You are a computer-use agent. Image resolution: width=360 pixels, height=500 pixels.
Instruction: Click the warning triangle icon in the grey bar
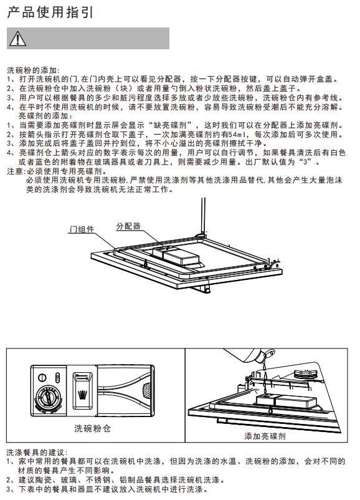(x=18, y=39)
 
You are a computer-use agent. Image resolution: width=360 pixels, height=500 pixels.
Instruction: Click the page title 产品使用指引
(x=50, y=12)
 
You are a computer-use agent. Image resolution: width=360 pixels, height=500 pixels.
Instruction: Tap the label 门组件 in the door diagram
(x=82, y=229)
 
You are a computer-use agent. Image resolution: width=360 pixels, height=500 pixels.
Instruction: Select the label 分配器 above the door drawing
(x=128, y=226)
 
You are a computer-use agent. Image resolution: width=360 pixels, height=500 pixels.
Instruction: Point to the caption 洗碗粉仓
(x=92, y=428)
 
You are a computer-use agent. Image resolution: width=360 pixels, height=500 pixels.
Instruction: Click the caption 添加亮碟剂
(x=265, y=436)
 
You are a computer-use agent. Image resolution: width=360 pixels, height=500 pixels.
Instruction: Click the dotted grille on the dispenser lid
(x=146, y=390)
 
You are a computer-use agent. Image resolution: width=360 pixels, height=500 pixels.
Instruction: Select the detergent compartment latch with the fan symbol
(x=82, y=391)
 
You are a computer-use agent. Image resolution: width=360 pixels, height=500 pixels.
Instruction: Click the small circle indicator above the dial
(x=42, y=378)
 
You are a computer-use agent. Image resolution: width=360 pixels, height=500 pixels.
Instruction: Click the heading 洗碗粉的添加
(x=32, y=70)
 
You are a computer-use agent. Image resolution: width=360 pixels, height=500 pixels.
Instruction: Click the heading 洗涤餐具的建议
(x=36, y=452)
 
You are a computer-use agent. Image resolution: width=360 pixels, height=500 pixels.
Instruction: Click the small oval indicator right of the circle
(x=57, y=378)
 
